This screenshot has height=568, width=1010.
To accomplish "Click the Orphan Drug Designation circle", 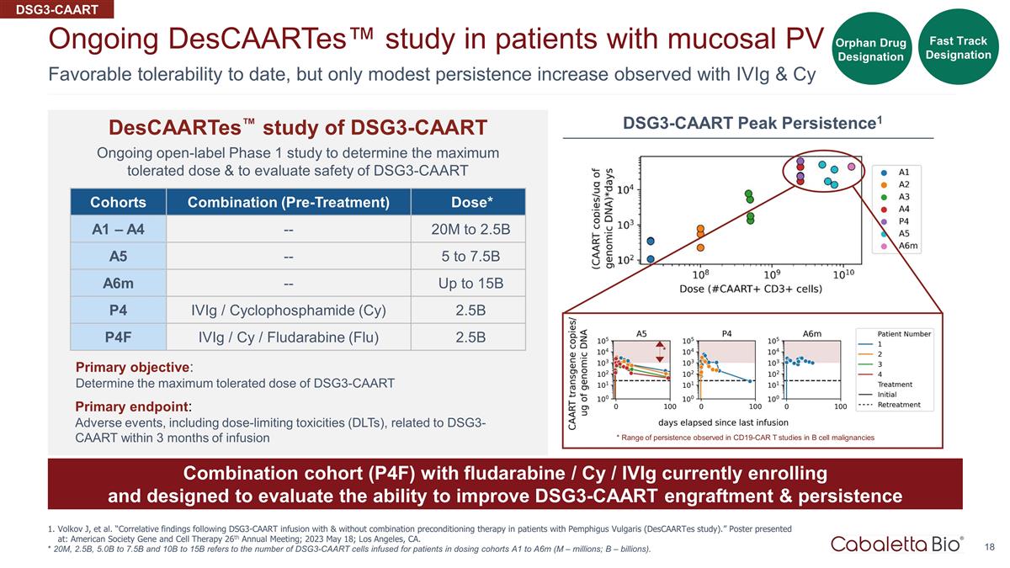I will tap(870, 50).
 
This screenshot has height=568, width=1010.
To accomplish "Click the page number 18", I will tap(990, 547).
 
